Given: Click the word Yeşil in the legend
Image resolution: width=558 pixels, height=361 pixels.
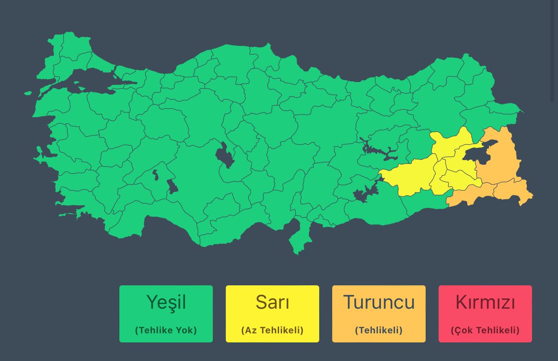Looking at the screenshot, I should pos(166,302).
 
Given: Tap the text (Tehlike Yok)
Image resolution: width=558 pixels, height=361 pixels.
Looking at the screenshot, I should pos(166,330).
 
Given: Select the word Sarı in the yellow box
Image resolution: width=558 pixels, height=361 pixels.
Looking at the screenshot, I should pos(272,302).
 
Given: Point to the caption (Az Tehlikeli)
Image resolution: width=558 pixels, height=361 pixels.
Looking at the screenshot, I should pos(272,330).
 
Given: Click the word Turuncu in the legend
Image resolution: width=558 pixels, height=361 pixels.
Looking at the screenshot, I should pos(379,302).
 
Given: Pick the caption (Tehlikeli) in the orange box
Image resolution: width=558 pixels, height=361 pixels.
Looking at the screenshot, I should pos(379,330).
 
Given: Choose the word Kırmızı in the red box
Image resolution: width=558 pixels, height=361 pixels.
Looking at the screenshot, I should pos(485,302).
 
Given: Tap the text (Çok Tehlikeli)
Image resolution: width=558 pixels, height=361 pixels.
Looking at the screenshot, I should pos(485,330).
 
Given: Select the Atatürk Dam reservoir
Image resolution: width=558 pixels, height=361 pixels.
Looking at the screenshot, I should pos(365,192).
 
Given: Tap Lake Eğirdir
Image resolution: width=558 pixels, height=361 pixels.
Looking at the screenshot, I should pos(154,176).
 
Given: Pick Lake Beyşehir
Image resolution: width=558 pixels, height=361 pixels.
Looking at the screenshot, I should pos(172,186).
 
